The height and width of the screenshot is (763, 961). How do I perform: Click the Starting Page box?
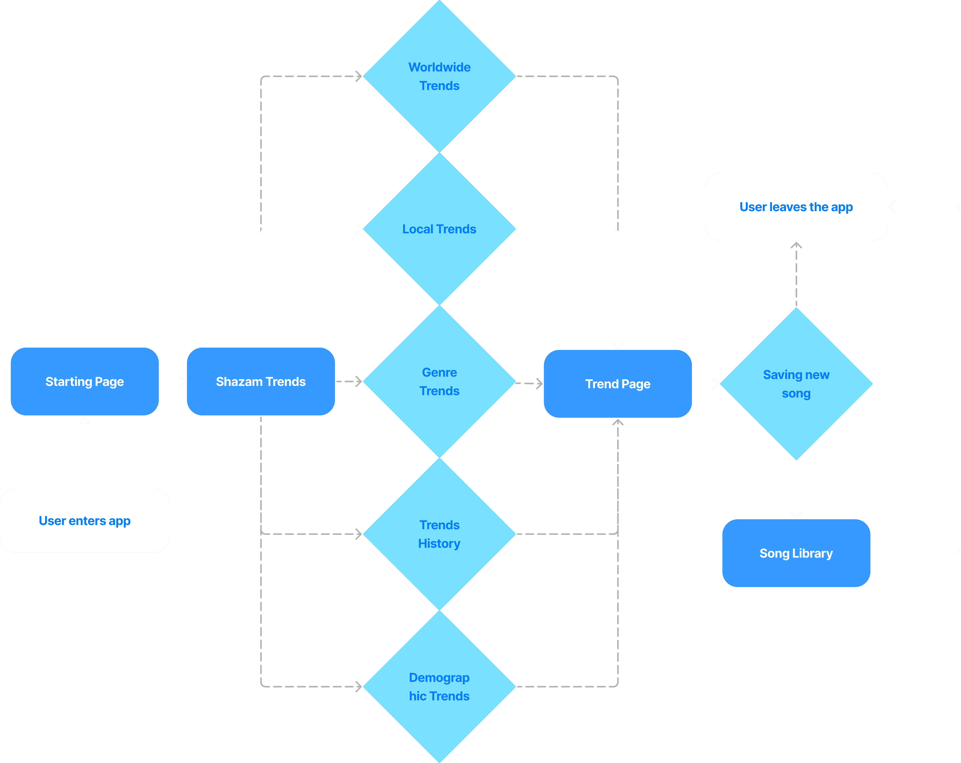tap(85, 381)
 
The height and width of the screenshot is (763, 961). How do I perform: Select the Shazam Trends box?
tap(261, 381)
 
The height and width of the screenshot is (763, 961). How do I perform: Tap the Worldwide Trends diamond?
tap(439, 76)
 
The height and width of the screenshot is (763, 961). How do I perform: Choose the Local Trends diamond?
tap(439, 229)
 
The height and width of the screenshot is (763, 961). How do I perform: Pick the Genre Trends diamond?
tap(439, 381)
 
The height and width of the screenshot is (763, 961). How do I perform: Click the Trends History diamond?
tap(439, 534)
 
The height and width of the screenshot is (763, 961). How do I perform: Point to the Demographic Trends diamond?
tap(439, 686)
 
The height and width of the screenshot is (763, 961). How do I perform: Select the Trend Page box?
tap(618, 384)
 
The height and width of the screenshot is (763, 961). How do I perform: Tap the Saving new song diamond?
tap(796, 384)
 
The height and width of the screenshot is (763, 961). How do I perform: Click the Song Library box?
tap(796, 553)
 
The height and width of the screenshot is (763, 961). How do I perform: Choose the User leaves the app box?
tap(796, 207)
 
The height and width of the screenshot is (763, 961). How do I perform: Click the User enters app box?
tap(85, 521)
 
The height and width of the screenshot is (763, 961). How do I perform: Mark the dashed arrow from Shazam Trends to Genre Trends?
tap(348, 381)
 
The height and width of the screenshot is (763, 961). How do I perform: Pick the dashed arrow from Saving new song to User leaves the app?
tap(796, 274)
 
